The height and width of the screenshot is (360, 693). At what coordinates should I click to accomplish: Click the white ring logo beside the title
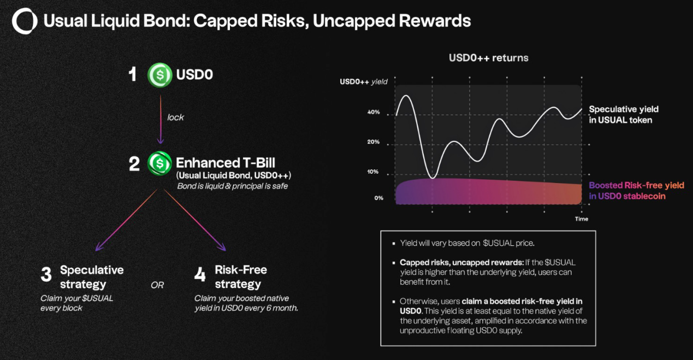[25, 21]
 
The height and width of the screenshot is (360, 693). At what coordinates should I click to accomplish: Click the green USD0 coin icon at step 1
[160, 74]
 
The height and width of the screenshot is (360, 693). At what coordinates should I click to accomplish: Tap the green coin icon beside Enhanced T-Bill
[159, 163]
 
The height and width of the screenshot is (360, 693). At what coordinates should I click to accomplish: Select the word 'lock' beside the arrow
[175, 118]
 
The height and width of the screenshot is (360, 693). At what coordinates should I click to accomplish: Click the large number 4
[200, 275]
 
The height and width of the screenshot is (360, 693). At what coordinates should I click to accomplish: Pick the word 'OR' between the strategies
[157, 285]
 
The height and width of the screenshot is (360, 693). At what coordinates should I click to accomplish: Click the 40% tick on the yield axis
[374, 113]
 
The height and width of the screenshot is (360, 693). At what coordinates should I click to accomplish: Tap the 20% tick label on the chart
[374, 142]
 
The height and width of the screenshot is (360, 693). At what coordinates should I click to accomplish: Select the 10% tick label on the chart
[374, 172]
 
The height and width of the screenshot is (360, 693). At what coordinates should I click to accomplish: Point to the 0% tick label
[378, 198]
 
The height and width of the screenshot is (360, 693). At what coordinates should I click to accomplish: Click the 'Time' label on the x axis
[582, 219]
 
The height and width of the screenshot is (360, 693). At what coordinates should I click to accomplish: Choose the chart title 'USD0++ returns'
[488, 57]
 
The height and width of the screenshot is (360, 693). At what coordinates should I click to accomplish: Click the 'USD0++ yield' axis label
[363, 82]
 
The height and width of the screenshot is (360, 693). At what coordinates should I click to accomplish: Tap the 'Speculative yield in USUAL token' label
[624, 115]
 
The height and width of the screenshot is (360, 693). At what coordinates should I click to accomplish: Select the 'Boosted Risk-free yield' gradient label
[636, 186]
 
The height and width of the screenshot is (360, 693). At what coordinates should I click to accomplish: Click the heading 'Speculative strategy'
[92, 277]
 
